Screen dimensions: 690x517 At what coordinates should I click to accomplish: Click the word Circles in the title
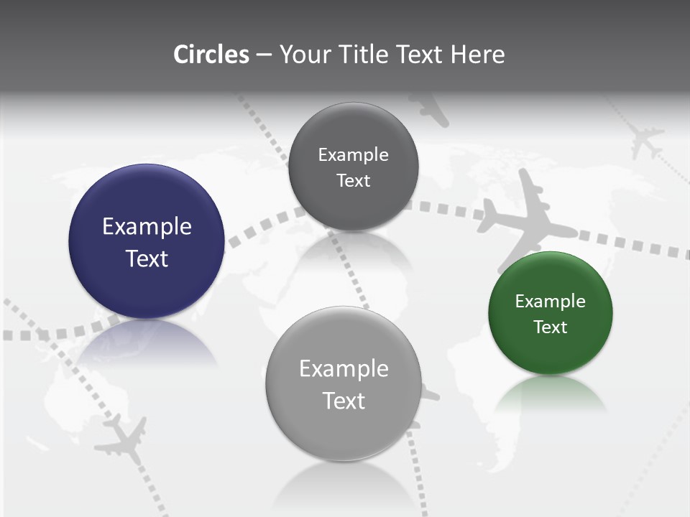(x=211, y=55)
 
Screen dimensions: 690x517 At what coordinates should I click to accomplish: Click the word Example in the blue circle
(x=147, y=227)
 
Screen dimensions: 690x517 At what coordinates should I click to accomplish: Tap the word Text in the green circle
(x=551, y=327)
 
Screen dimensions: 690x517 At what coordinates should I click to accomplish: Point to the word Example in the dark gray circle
(x=353, y=155)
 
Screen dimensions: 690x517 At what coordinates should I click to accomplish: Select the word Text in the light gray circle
(x=344, y=401)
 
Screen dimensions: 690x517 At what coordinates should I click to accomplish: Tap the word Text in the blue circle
(x=147, y=258)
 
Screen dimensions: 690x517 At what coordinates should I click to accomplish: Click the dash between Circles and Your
(x=263, y=55)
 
